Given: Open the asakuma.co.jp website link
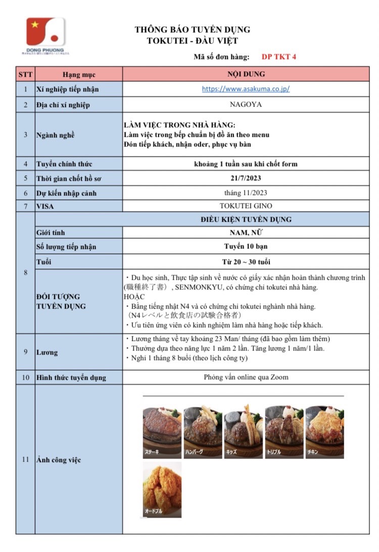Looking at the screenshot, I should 246,89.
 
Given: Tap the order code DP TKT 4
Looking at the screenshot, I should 279,57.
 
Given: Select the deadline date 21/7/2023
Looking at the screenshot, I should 246,178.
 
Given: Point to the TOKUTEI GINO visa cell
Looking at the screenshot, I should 246,206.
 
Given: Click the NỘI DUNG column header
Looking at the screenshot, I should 246,74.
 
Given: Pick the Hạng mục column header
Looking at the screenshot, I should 78,74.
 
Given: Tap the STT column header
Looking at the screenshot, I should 25,74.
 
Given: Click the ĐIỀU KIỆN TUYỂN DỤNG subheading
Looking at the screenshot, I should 246,219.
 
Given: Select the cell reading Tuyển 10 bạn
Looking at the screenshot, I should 246,246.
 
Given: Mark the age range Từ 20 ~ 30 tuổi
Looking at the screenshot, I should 246,262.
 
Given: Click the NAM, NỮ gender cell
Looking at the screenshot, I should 246,233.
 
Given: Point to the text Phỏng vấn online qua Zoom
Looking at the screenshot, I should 246,377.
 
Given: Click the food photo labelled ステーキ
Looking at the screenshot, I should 162,432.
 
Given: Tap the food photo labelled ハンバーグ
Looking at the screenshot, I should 202,432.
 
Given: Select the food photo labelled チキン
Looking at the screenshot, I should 324,432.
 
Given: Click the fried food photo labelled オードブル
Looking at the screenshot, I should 162,489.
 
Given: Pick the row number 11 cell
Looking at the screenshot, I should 25,460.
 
